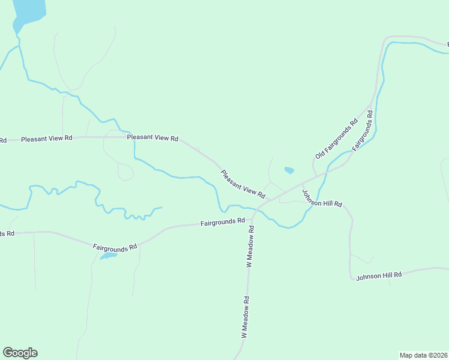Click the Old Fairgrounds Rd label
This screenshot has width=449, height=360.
[336, 139]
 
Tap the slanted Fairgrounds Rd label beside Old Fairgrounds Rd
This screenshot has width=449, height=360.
[363, 130]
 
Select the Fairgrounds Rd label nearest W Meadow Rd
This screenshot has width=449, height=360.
[223, 223]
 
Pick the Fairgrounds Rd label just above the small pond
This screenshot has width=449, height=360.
[115, 246]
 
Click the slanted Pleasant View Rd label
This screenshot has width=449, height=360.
[243, 184]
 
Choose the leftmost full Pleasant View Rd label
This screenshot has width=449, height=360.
[46, 139]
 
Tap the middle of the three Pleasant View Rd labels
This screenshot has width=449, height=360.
[153, 138]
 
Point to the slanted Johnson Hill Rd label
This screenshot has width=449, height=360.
[322, 199]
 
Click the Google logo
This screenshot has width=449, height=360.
[20, 353]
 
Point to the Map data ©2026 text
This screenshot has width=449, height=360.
[423, 355]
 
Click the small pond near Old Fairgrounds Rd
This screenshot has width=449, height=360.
[289, 170]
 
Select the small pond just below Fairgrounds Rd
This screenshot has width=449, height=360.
[108, 256]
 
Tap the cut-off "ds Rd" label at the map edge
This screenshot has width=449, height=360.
[7, 233]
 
